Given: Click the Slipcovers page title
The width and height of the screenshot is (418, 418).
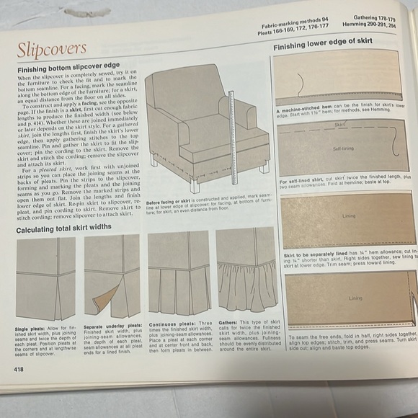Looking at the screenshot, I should [51, 50].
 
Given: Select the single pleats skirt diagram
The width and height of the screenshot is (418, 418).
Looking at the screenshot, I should [45, 278].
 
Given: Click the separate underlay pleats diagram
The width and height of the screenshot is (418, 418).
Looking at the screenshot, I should [111, 277].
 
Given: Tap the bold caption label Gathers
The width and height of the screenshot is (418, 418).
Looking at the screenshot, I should [228, 322].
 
